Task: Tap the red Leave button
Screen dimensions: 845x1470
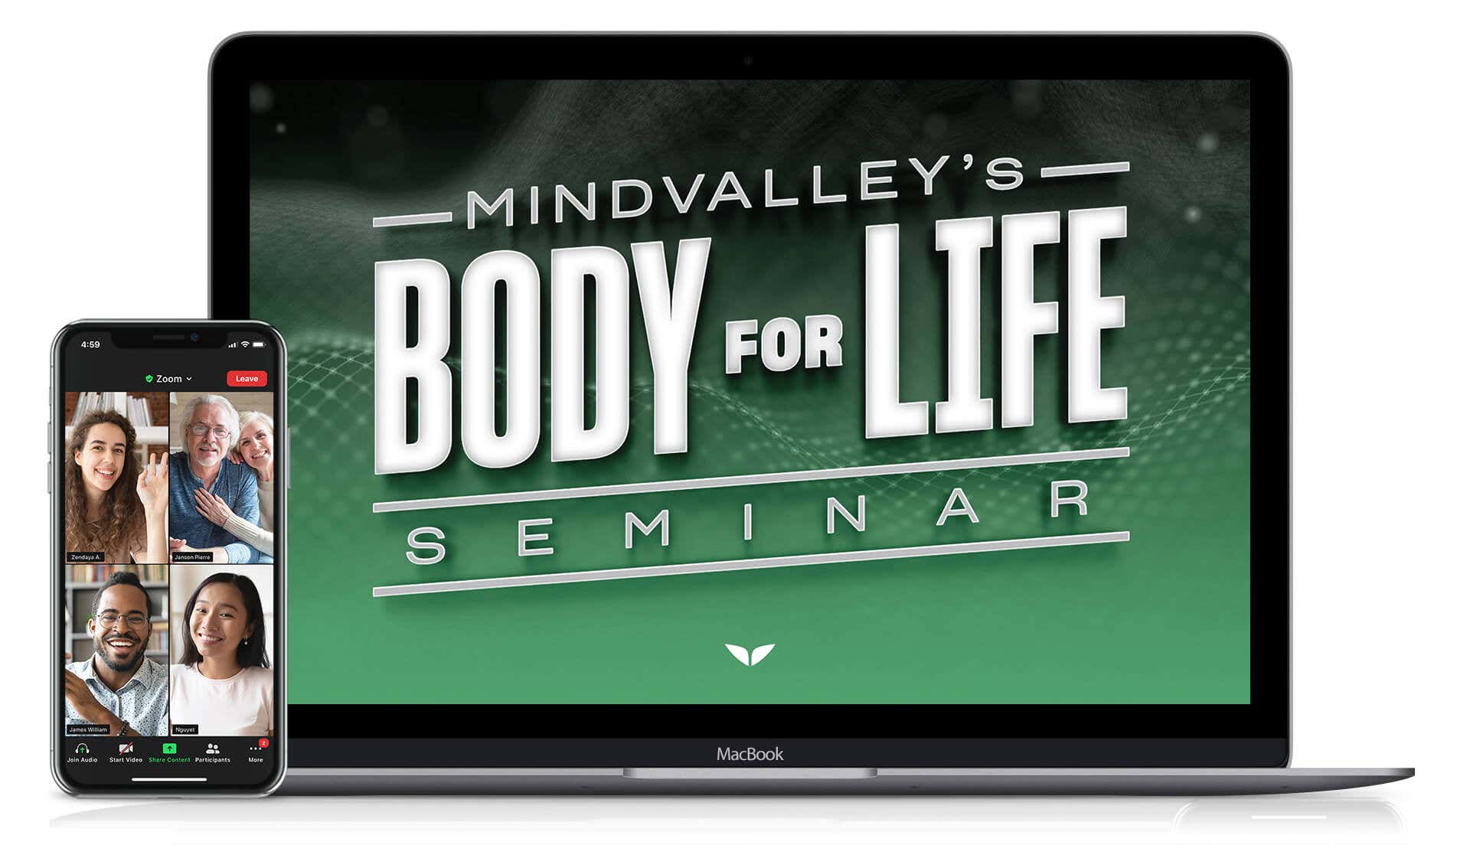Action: (x=247, y=379)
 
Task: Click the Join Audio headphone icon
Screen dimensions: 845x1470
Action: (x=82, y=748)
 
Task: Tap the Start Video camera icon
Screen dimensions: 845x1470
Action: (x=126, y=748)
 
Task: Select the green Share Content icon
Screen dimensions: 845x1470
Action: (x=169, y=748)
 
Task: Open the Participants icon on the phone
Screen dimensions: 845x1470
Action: (x=213, y=748)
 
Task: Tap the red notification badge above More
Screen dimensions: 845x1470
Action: (x=263, y=742)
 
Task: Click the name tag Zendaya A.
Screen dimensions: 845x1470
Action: (x=85, y=557)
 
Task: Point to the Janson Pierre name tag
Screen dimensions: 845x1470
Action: (x=192, y=557)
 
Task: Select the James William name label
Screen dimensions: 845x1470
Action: (x=88, y=729)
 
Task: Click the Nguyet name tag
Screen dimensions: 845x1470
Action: (x=185, y=729)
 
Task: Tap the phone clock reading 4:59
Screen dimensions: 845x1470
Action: (x=90, y=344)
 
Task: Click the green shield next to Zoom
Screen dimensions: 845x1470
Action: (x=149, y=379)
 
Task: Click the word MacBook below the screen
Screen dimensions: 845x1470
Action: (x=750, y=754)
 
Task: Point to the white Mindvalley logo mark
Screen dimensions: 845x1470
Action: (x=750, y=654)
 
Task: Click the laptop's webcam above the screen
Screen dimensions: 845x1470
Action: (x=748, y=60)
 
